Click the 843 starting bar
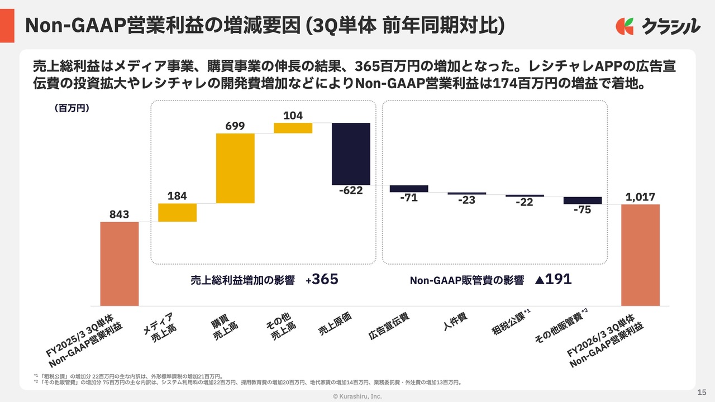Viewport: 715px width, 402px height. click(120, 264)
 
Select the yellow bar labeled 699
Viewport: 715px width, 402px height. click(235, 168)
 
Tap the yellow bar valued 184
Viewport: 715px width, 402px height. click(177, 213)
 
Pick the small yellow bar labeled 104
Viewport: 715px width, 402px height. click(293, 128)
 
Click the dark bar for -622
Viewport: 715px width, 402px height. click(351, 154)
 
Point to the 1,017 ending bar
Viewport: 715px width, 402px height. click(640, 255)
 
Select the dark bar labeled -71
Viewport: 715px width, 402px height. click(409, 189)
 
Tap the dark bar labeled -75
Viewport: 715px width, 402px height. click(583, 200)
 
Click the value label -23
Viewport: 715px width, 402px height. click(466, 200)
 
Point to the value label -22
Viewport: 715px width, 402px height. click(524, 202)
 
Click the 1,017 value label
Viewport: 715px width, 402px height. click(640, 197)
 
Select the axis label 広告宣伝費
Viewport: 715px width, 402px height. click(389, 327)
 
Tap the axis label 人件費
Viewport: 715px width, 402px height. click(455, 322)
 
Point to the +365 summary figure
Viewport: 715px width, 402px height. click(322, 280)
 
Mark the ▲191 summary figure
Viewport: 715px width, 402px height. click(553, 280)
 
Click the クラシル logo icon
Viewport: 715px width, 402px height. click(625, 26)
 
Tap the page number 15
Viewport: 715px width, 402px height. click(702, 391)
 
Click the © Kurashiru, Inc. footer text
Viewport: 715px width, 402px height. click(357, 396)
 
